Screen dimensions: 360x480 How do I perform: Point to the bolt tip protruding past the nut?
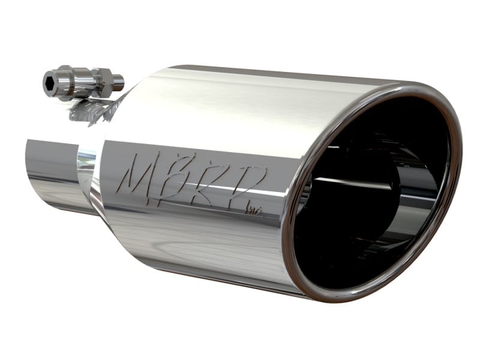tap(119, 79)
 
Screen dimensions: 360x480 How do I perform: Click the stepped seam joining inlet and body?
tap(93, 174)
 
